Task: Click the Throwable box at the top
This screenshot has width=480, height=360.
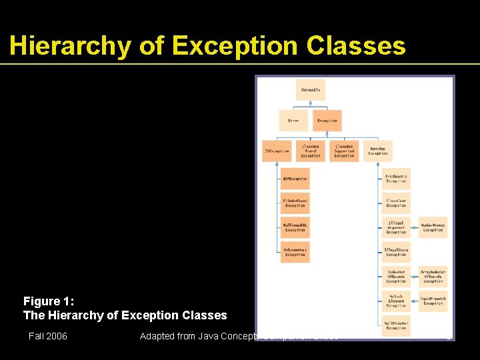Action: (310, 90)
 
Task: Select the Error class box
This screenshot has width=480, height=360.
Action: (293, 121)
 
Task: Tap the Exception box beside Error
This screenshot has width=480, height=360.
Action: (327, 121)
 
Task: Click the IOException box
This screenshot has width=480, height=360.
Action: (276, 151)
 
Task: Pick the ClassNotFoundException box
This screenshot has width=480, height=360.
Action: (311, 151)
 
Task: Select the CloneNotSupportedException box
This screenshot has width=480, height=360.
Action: (344, 151)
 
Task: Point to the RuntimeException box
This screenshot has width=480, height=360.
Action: (378, 151)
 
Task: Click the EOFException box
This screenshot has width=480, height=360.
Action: (295, 179)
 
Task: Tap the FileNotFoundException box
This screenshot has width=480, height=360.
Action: (295, 203)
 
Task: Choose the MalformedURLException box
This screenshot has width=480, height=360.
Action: (295, 227)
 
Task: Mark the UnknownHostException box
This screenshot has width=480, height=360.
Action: (295, 251)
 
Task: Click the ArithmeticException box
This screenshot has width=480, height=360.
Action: (396, 179)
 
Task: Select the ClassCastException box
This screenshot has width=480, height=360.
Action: (396, 203)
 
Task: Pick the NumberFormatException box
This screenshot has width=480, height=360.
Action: (433, 227)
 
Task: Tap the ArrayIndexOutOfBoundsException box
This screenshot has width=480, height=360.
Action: (433, 276)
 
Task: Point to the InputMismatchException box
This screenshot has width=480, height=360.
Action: (433, 301)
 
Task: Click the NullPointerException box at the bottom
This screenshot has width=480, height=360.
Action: (396, 325)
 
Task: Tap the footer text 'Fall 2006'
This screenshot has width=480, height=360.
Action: (47, 336)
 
